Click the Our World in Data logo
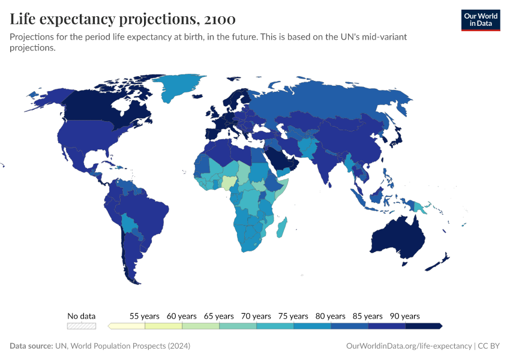click(x=480, y=20)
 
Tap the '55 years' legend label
click(x=145, y=316)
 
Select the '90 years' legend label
click(x=405, y=316)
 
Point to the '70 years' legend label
click(x=256, y=316)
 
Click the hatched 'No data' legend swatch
click(x=82, y=326)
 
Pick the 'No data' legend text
click(x=82, y=316)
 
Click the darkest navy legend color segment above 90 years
click(x=424, y=326)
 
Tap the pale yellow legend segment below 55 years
click(x=127, y=326)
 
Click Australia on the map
click(x=399, y=237)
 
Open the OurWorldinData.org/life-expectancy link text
click(x=409, y=346)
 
